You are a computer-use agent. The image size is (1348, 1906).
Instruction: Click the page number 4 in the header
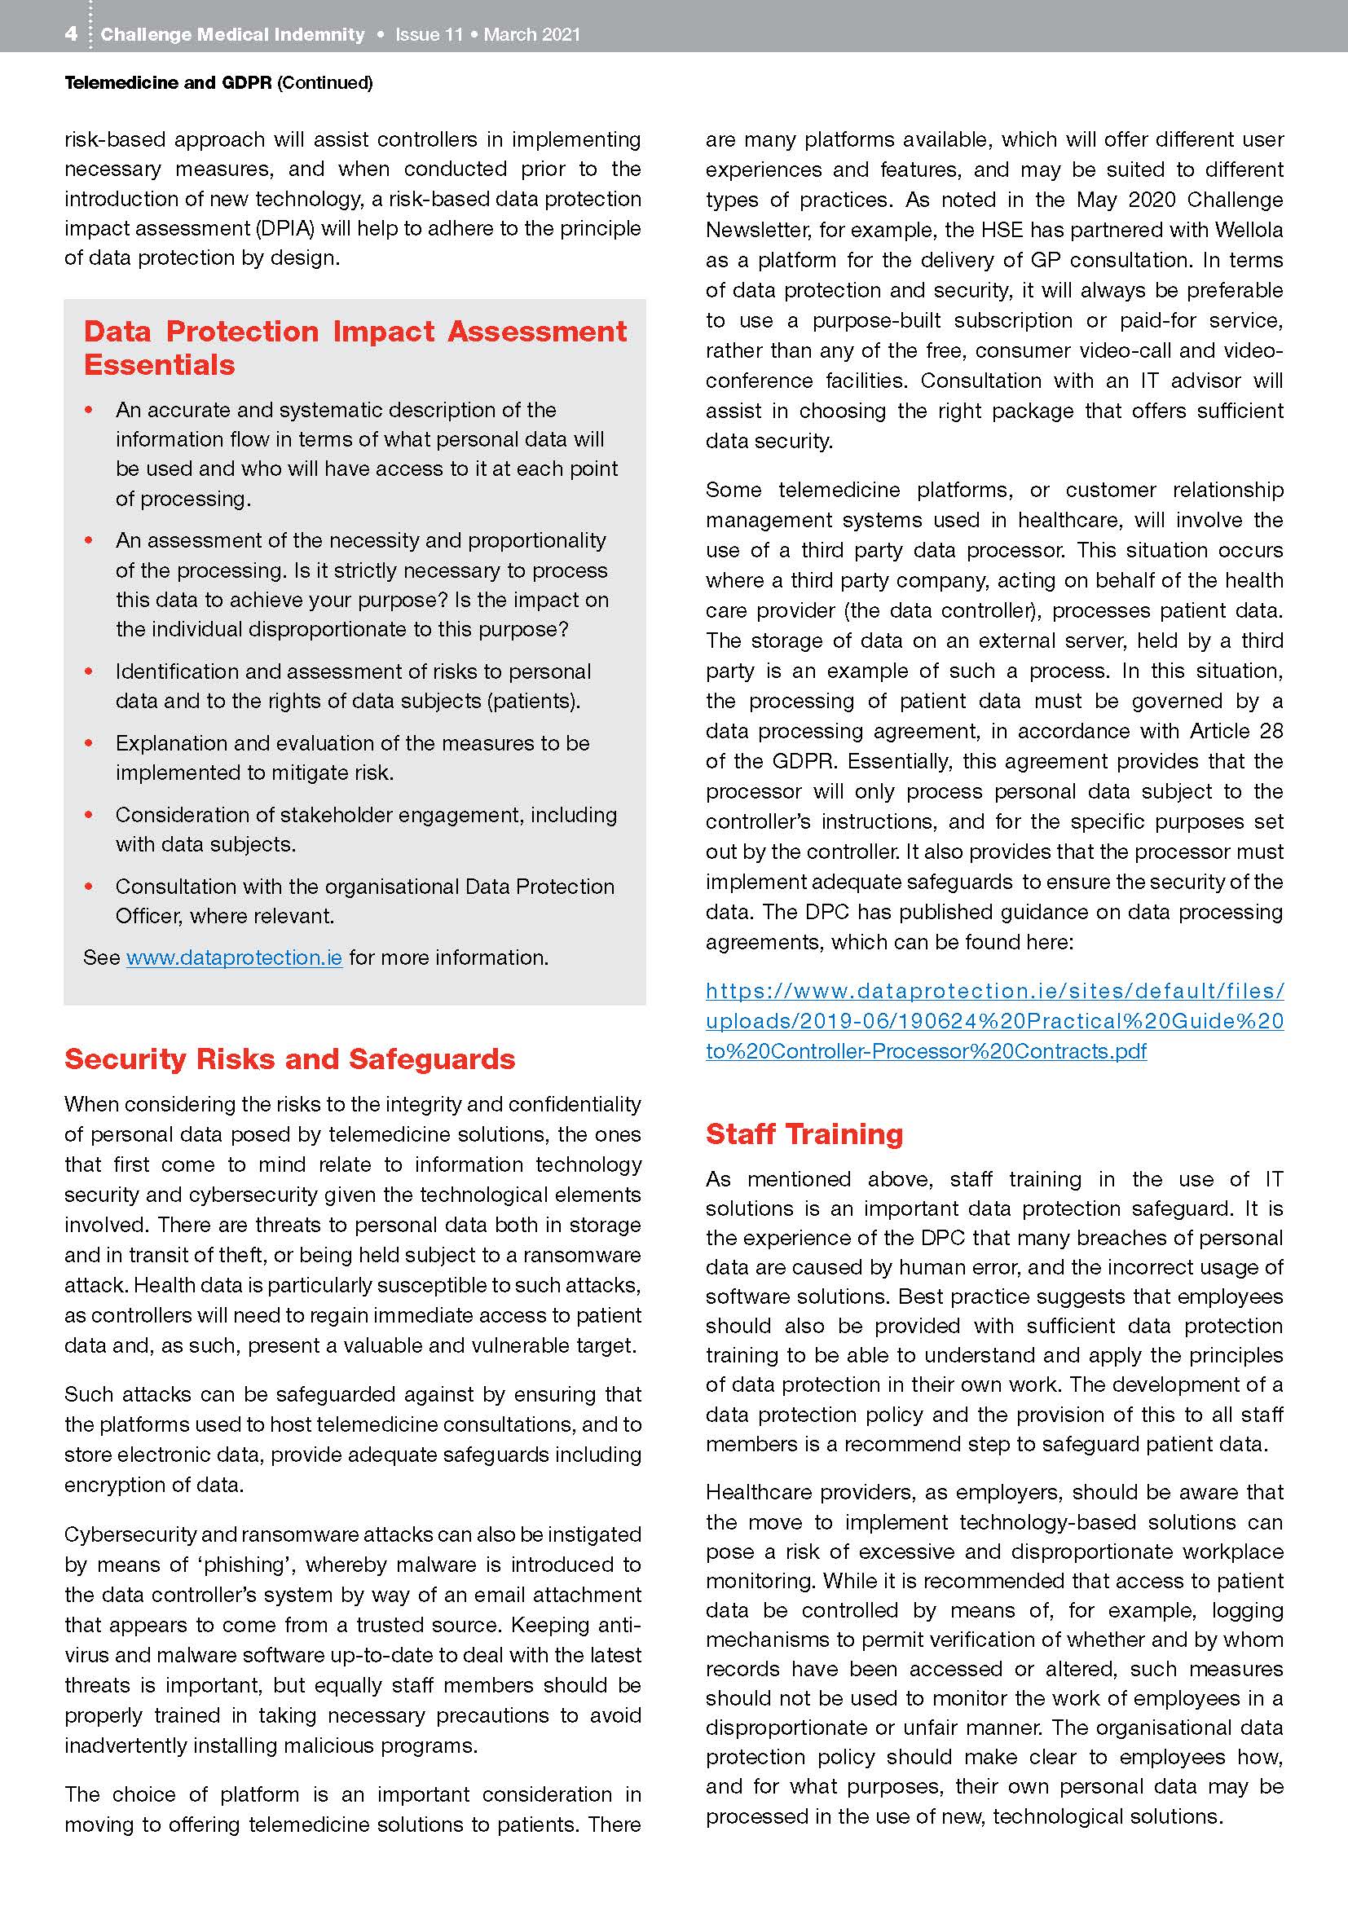(x=72, y=34)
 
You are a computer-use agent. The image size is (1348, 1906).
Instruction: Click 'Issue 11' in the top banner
(x=429, y=35)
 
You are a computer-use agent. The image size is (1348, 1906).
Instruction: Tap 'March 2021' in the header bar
(x=532, y=35)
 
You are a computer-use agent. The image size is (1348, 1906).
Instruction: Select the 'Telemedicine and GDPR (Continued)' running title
(x=218, y=83)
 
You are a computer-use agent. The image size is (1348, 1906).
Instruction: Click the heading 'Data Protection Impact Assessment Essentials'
(x=355, y=348)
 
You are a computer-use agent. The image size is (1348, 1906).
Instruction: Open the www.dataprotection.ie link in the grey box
(x=234, y=957)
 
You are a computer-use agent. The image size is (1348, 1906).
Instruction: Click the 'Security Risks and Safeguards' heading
(x=289, y=1059)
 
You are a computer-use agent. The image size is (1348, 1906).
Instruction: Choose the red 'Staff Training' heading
(x=804, y=1133)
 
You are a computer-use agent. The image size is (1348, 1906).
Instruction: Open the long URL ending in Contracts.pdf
(x=994, y=1020)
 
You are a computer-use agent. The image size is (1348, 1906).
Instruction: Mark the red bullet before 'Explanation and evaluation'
(x=89, y=743)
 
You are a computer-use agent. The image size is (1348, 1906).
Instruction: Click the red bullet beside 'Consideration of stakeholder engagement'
(x=89, y=814)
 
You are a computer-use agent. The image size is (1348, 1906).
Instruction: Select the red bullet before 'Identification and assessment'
(x=89, y=671)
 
